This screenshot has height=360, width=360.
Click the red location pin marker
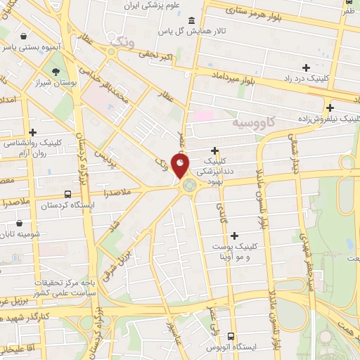click(181, 166)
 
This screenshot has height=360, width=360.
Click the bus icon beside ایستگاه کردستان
click(67, 194)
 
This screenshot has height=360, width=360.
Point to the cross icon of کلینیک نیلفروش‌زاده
click(330, 108)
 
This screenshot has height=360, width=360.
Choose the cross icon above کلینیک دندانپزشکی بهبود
click(214, 150)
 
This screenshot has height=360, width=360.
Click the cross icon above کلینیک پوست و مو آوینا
click(234, 236)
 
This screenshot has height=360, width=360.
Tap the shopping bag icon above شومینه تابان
click(20, 225)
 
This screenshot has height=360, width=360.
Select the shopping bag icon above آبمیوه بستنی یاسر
click(25, 36)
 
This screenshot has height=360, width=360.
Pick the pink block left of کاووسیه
click(203, 114)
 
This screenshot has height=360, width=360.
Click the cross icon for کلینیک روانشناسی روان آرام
click(32, 132)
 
